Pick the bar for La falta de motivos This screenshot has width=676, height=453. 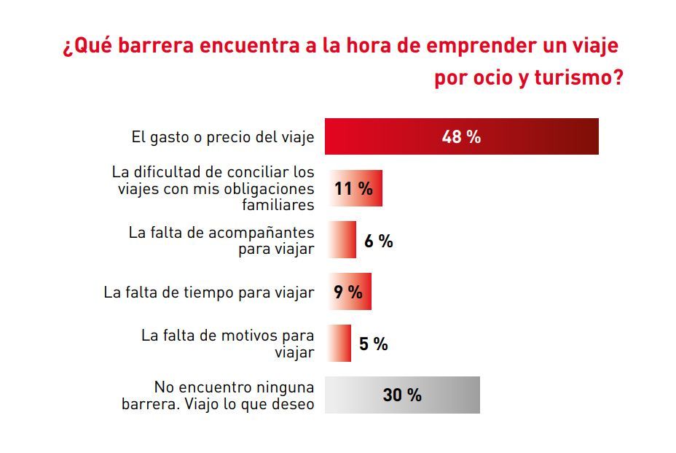click(339, 344)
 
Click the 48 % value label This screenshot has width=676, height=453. click(461, 136)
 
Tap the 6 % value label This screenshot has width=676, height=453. click(378, 241)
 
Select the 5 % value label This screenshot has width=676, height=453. click(373, 344)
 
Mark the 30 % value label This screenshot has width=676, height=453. click(402, 395)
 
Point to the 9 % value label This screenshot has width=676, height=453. click(347, 292)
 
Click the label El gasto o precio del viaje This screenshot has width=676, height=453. click(222, 136)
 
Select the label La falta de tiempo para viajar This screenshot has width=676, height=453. click(209, 293)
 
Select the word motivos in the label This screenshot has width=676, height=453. click(250, 336)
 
